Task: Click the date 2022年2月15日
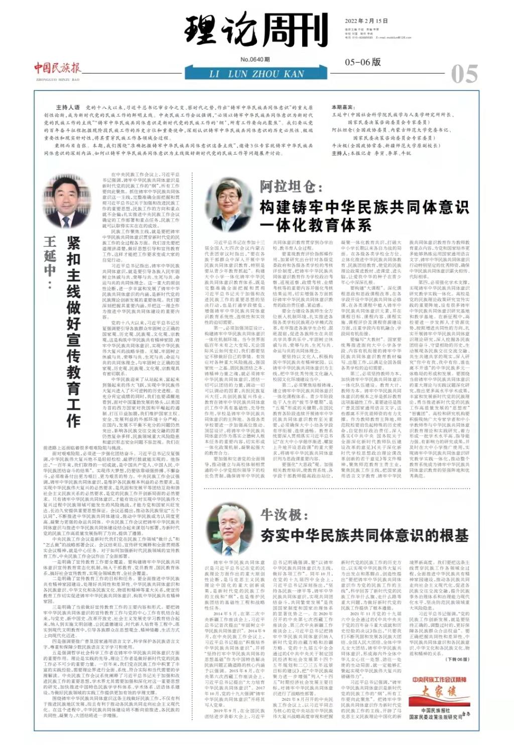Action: coord(366,21)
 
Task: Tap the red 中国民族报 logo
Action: coord(57,68)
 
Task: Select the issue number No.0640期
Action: coord(254,59)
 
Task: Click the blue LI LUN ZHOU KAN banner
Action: coord(256,74)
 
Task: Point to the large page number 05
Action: coord(464,74)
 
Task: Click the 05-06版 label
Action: coord(362,62)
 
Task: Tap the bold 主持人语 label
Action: coord(68,107)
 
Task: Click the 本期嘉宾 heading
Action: coord(343,107)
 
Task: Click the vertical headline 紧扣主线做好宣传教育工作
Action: coord(74,332)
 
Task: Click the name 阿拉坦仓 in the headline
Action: coord(288,187)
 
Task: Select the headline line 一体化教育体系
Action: coord(315,225)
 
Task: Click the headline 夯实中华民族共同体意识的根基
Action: coord(364,535)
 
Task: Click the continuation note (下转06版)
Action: coord(456,659)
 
